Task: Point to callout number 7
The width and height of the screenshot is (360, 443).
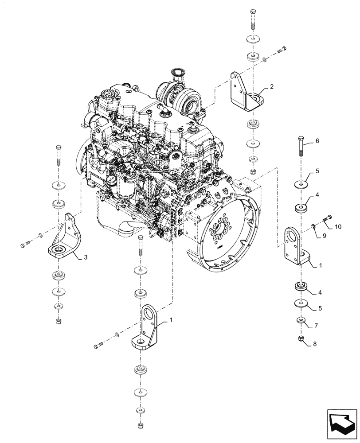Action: pyautogui.click(x=316, y=326)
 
